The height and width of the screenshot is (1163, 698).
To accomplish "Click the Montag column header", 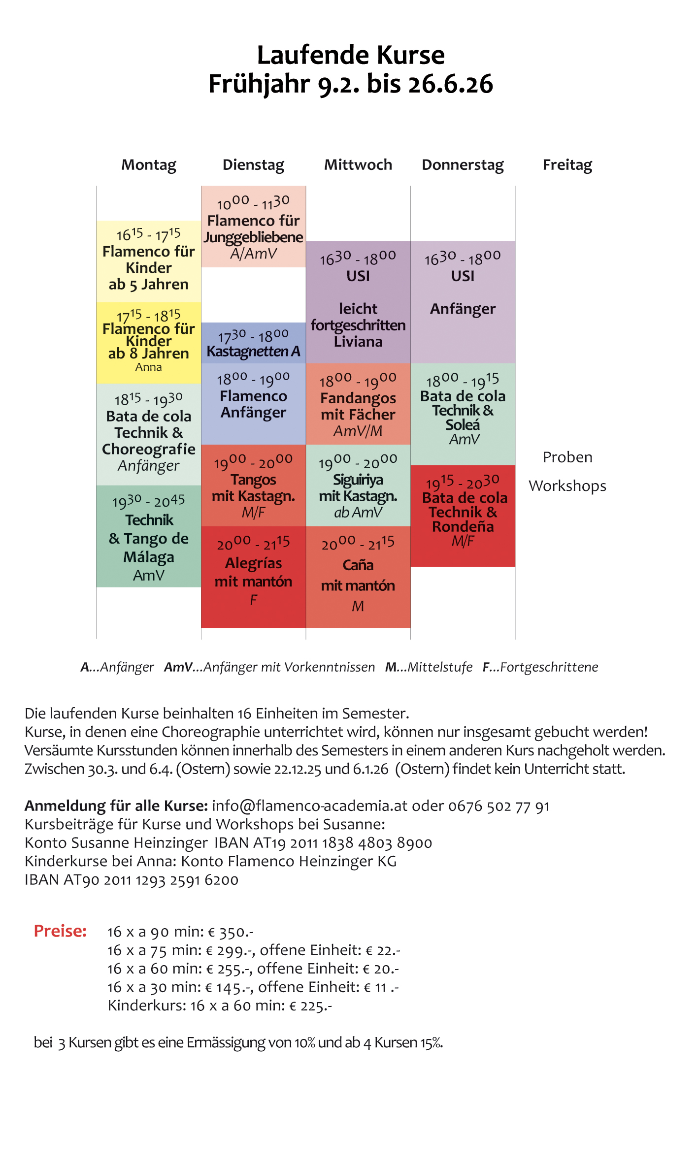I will [x=149, y=165].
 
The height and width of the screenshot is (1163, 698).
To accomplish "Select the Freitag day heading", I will [x=567, y=165].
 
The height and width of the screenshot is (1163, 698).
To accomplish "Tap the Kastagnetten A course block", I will [x=253, y=344].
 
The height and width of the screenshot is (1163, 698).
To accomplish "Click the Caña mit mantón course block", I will [x=358, y=577].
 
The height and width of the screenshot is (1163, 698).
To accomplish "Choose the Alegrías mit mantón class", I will [x=253, y=577].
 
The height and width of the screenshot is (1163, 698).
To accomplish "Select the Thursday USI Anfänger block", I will [x=463, y=301].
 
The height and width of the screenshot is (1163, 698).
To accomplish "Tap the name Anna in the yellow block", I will [x=148, y=367].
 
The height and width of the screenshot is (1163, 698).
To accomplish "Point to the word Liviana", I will [x=358, y=342].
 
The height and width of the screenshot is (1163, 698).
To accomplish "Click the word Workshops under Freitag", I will [x=567, y=486].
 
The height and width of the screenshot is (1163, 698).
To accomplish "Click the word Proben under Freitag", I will [x=567, y=457].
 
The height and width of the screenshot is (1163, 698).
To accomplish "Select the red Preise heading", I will [x=60, y=931].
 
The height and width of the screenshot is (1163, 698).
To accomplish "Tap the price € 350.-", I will [x=231, y=932].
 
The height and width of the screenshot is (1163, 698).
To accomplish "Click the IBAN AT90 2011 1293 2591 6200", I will [x=132, y=880].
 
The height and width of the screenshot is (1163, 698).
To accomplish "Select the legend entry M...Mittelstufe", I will [x=429, y=667].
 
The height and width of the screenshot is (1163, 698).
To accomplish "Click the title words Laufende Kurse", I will [x=350, y=55].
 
